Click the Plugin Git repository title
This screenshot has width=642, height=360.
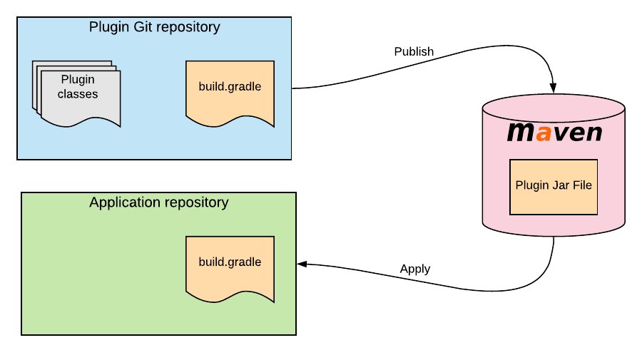click(x=154, y=28)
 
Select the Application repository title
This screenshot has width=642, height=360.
click(x=158, y=202)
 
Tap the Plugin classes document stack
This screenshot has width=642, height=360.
click(x=78, y=93)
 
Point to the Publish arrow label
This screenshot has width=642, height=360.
click(x=414, y=52)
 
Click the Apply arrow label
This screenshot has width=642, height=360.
click(x=415, y=269)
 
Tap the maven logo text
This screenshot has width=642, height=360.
click(x=554, y=133)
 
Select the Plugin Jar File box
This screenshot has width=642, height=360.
click(x=554, y=185)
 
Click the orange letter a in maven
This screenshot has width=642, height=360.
click(x=544, y=133)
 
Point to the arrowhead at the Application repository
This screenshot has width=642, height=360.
click(x=302, y=264)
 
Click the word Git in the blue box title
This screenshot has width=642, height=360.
click(x=141, y=28)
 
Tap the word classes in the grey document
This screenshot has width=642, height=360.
click(x=78, y=94)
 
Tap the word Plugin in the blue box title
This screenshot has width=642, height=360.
click(x=108, y=28)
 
